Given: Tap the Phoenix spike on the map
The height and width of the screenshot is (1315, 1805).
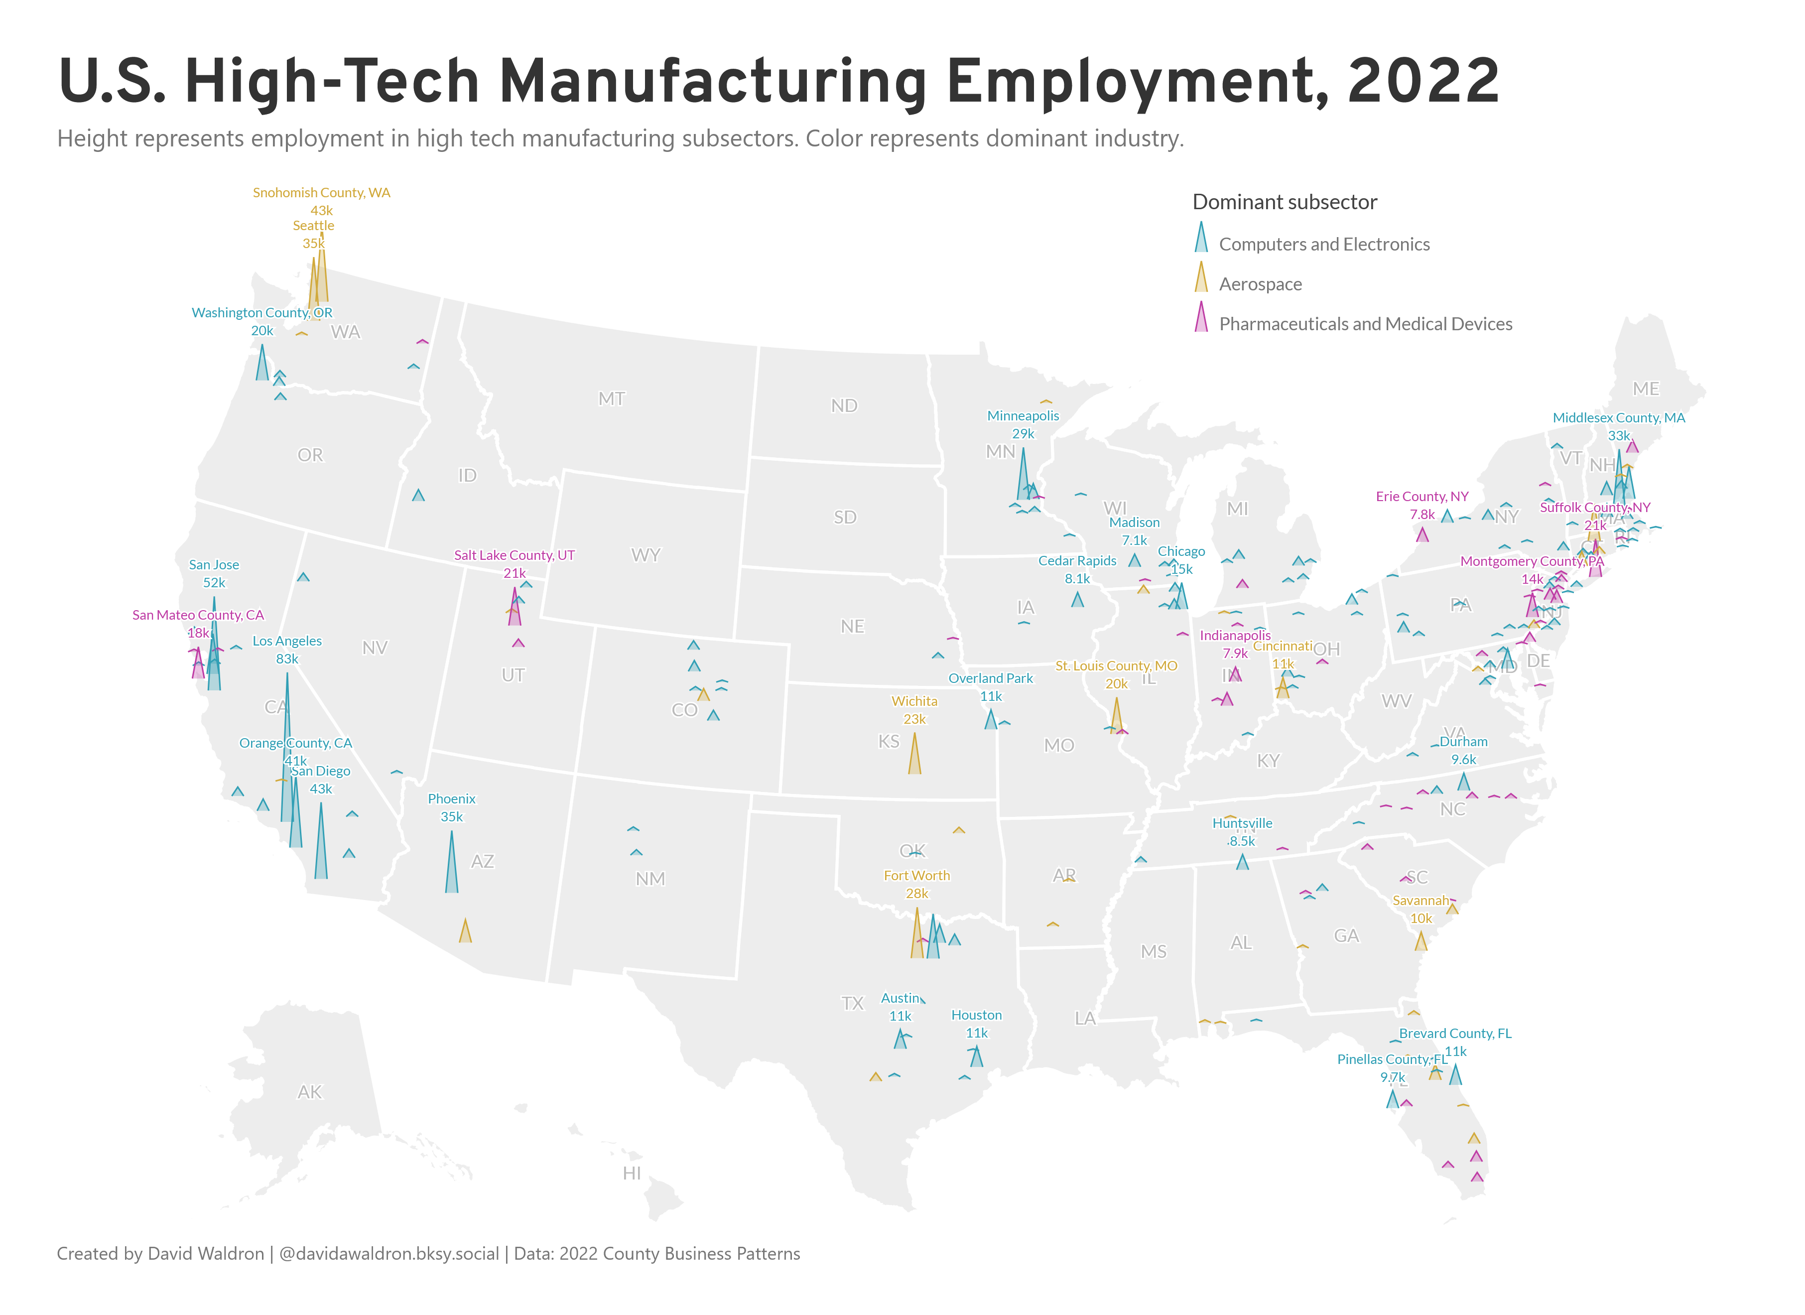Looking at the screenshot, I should pos(451,868).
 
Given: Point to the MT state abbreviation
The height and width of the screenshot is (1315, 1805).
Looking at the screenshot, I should pos(611,399).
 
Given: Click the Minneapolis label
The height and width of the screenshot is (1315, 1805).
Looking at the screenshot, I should pos(1023,415).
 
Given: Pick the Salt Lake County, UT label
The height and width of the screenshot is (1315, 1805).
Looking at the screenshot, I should pos(514,555).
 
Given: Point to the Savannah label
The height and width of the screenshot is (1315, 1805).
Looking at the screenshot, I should pos(1420,900).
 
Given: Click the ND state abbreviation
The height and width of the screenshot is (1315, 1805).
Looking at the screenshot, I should pos(844,406).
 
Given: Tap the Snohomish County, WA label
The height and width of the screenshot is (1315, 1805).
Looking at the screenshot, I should pos(322,193).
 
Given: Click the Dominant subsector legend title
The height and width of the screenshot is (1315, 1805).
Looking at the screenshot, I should pos(1285,202).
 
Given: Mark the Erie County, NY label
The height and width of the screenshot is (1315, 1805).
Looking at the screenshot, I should pos(1421,497).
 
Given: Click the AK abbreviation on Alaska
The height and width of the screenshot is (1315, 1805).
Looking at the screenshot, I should pos(310,1092).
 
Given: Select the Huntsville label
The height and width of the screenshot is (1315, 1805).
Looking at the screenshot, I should pos(1242,823).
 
